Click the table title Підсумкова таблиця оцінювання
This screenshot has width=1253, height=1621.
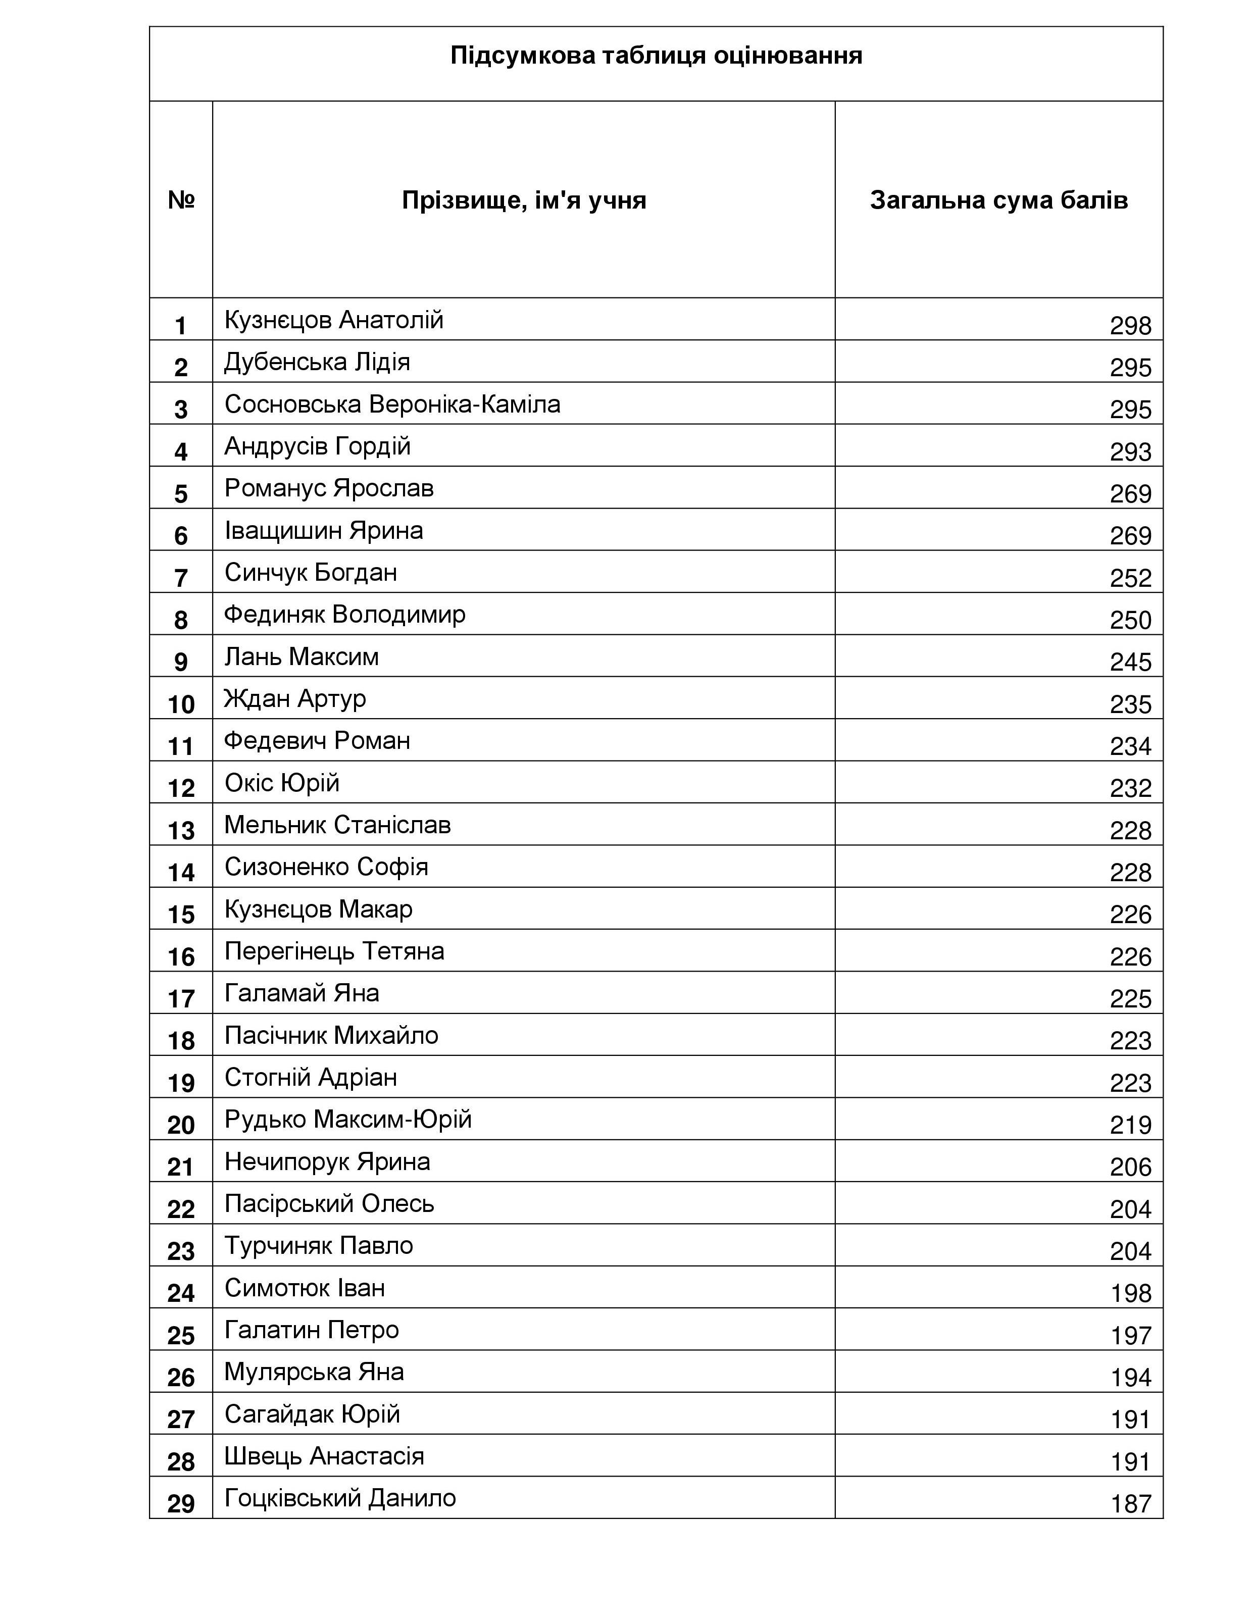point(656,56)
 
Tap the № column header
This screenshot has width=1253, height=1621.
point(181,199)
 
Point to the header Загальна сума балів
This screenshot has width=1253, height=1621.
point(998,199)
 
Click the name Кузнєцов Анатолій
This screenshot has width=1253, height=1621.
point(334,320)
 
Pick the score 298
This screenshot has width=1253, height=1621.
point(1130,326)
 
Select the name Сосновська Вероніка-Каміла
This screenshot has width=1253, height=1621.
point(392,404)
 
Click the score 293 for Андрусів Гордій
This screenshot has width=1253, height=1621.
point(1130,452)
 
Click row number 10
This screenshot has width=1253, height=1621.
point(181,703)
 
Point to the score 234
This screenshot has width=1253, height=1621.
point(1130,746)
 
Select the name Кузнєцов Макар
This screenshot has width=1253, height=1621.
point(319,908)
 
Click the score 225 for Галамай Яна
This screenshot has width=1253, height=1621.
point(1130,998)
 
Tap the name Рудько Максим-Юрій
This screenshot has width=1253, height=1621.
point(348,1119)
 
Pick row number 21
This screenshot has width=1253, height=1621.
point(181,1167)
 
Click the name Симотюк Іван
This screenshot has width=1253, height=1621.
point(305,1287)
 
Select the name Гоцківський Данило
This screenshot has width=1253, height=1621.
point(340,1498)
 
